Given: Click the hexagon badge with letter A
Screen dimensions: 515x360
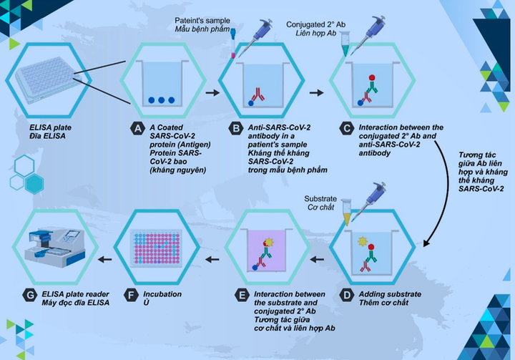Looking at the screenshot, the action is click(137, 128).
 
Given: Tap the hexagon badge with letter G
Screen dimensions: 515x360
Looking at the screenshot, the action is click(29, 295).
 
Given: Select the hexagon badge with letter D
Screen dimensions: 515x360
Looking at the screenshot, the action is click(346, 295).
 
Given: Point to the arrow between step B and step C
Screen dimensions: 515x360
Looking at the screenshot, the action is click(316, 93).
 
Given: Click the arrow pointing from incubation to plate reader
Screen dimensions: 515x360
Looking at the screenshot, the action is click(105, 259).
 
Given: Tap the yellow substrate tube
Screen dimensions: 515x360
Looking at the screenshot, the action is click(346, 212).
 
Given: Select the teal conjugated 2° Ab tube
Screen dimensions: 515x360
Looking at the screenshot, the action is click(345, 44).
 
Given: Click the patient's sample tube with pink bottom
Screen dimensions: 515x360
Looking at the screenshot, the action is click(233, 43).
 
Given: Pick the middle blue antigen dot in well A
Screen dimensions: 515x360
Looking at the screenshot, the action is click(161, 100).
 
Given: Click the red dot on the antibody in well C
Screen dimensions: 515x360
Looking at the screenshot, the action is click(372, 77).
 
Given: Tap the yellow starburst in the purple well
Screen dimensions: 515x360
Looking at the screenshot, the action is click(269, 243).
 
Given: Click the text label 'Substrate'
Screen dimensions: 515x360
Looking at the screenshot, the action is click(320, 198).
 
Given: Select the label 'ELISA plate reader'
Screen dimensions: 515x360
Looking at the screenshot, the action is click(75, 294).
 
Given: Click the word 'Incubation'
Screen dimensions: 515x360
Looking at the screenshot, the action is click(162, 294).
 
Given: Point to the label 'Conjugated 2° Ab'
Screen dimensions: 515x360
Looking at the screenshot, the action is click(315, 24).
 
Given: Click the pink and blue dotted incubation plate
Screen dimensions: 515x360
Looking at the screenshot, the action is click(157, 248).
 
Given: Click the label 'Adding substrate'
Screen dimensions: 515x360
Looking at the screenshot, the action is click(390, 294).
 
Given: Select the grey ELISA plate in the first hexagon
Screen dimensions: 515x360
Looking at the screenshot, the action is click(49, 80).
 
